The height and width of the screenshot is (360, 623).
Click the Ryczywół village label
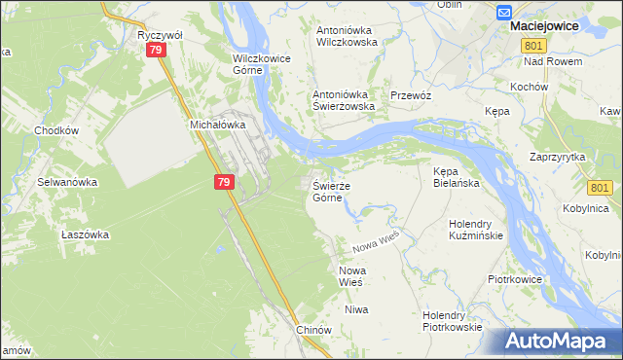[160, 34]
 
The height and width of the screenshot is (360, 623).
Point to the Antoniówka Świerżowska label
[343, 101]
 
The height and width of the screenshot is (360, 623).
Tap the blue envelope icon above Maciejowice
[504, 12]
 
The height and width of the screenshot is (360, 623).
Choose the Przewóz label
[410, 95]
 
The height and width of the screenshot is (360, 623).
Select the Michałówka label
[214, 126]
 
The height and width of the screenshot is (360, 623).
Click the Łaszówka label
[85, 234]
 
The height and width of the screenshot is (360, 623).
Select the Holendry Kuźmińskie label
[474, 230]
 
